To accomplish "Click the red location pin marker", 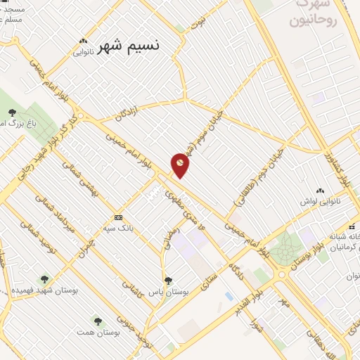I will click(x=180, y=163).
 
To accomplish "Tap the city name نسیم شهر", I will click(x=128, y=46).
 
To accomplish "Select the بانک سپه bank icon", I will click(x=118, y=217).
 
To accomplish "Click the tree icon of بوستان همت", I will click(x=98, y=321).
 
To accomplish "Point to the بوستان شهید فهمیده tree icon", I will click(x=46, y=280).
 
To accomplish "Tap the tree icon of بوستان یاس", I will click(x=167, y=280).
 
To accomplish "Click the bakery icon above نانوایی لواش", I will click(x=321, y=191).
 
